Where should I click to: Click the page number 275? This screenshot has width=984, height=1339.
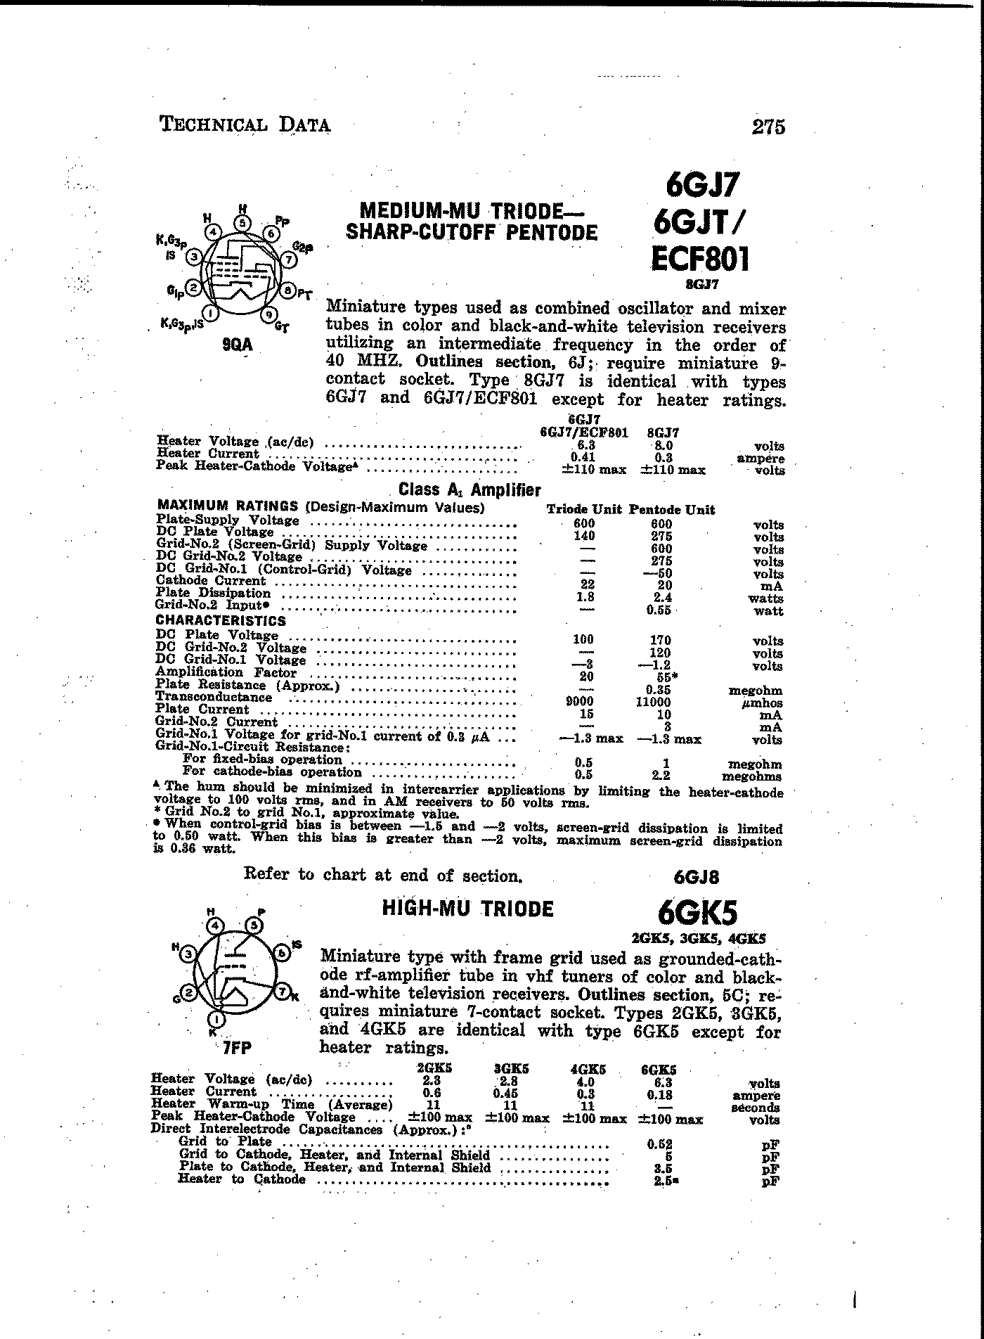[x=768, y=127]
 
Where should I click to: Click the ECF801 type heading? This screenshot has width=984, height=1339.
[x=699, y=259]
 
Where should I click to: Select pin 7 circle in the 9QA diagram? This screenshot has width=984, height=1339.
[x=288, y=259]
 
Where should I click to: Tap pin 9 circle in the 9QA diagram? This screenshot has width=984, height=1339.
[x=268, y=316]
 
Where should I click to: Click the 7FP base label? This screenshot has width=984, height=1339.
[x=237, y=1047]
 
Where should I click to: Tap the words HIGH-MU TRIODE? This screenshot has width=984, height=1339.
[x=467, y=909]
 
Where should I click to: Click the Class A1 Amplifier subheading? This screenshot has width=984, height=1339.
[x=470, y=490]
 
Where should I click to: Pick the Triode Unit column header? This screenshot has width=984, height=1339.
[x=584, y=510]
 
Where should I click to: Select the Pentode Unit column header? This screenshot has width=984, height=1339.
[x=672, y=510]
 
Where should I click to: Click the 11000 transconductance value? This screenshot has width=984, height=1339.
[x=654, y=702]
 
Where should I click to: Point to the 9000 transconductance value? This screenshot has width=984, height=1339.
[x=580, y=702]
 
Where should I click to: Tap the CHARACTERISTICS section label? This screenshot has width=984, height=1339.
[x=221, y=620]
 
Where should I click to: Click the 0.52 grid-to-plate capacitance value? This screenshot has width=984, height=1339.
[x=659, y=1144]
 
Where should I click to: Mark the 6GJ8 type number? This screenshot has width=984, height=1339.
[x=697, y=877]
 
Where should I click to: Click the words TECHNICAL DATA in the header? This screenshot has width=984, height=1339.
[x=245, y=125]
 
